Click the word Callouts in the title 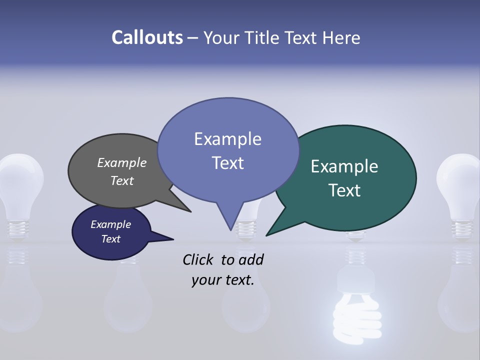pyautogui.click(x=147, y=37)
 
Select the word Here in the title pyautogui.click(x=342, y=37)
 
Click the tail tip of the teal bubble pyautogui.click(x=267, y=234)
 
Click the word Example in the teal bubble pyautogui.click(x=344, y=166)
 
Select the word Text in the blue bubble pyautogui.click(x=228, y=163)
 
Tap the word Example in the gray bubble pyautogui.click(x=122, y=162)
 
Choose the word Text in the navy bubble pyautogui.click(x=111, y=239)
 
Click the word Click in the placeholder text pyautogui.click(x=198, y=259)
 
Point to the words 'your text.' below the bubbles pyautogui.click(x=223, y=280)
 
